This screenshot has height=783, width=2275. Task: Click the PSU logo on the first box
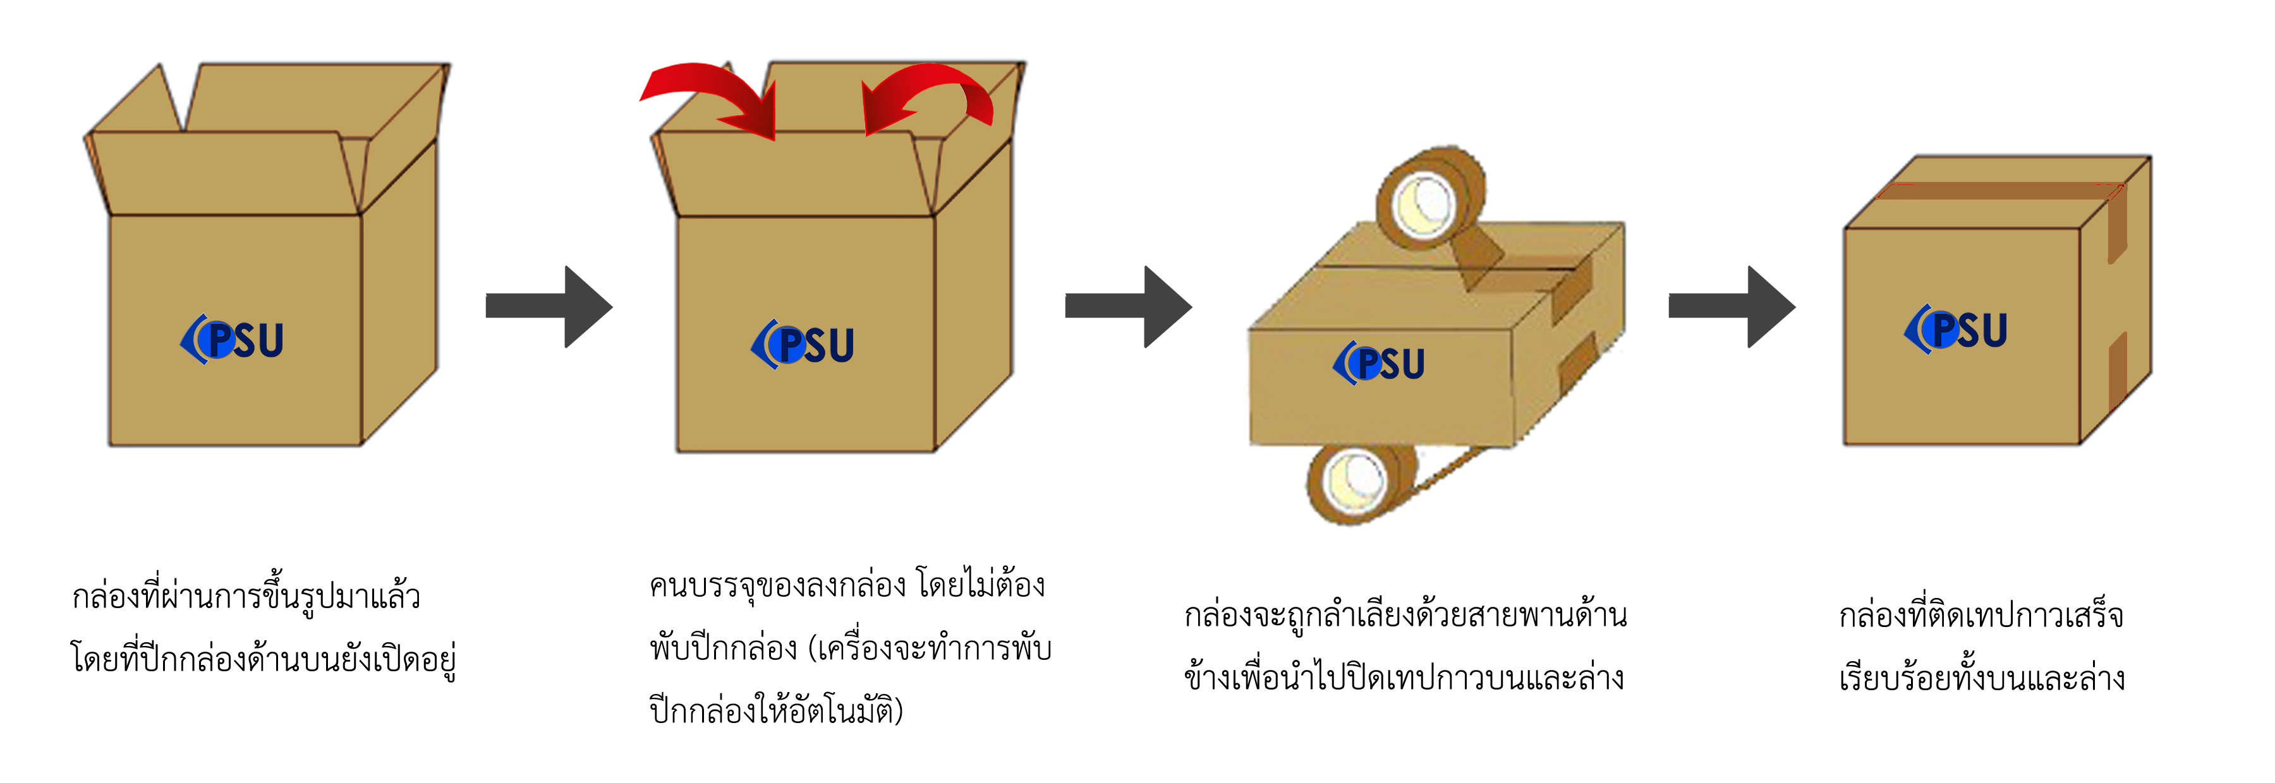click(x=233, y=340)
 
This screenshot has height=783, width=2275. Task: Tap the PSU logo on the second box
click(x=803, y=344)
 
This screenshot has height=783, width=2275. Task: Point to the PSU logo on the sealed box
click(x=1956, y=329)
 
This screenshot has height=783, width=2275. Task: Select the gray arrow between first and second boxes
click(x=549, y=306)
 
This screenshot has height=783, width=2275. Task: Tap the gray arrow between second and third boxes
click(x=1128, y=306)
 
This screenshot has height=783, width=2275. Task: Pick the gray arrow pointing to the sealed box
click(x=1731, y=306)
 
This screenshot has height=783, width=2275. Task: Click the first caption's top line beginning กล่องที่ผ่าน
click(x=246, y=596)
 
